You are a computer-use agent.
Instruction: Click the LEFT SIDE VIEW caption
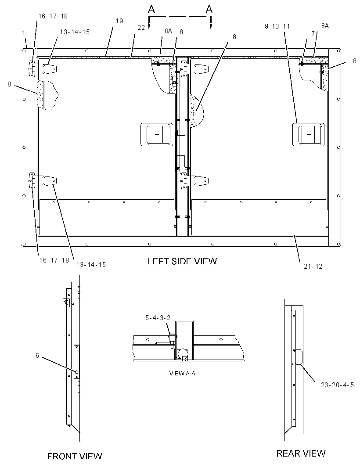click(x=182, y=261)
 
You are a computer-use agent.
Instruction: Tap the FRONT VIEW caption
click(x=75, y=456)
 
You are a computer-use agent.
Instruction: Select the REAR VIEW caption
click(x=301, y=454)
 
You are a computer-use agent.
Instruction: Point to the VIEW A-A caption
click(x=182, y=373)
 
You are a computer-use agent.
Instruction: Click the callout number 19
click(x=119, y=21)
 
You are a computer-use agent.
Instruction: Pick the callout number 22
click(x=141, y=28)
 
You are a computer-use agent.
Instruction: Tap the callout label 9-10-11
click(x=277, y=26)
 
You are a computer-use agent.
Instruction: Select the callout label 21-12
click(x=313, y=266)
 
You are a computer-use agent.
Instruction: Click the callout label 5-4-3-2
click(x=158, y=318)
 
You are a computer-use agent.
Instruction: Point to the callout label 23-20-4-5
click(x=337, y=385)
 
